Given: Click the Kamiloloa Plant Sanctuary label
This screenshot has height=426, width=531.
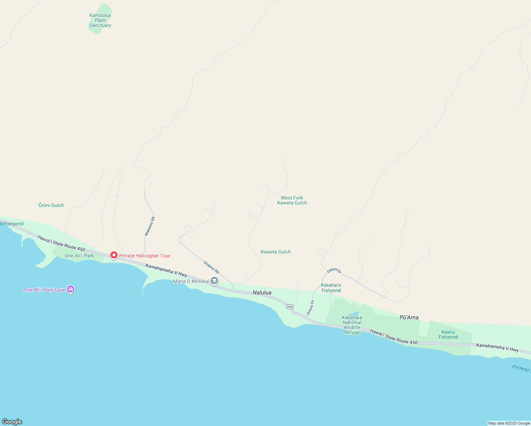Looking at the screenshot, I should (x=100, y=21).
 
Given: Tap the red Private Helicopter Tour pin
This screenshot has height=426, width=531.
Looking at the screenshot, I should (x=114, y=255).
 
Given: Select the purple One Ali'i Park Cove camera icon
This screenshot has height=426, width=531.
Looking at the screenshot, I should (x=71, y=289).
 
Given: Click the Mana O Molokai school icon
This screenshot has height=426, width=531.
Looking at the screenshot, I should (x=214, y=281).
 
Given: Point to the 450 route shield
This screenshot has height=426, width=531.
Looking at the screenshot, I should (x=290, y=307).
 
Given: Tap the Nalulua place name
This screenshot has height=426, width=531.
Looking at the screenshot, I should (x=262, y=293).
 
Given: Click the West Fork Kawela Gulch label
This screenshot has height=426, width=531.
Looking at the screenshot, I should (x=292, y=201).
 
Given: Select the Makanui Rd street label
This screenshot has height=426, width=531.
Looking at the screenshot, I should (x=149, y=226).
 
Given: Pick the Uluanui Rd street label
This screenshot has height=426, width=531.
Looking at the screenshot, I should (x=212, y=267).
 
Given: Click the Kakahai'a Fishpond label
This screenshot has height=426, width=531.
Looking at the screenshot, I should (x=331, y=288).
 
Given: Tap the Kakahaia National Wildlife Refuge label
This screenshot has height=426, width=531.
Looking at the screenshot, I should (x=352, y=325).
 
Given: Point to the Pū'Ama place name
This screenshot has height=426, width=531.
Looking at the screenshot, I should (x=409, y=317).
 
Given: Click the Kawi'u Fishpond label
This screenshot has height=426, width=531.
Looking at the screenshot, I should (x=448, y=335).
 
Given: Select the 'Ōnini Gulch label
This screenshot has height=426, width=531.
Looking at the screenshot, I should (x=51, y=205).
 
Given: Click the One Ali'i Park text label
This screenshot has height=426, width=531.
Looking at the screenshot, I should (x=79, y=256).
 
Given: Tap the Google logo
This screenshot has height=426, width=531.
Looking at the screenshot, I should (x=12, y=422).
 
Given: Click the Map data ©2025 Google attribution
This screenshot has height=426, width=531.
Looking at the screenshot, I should (x=509, y=423).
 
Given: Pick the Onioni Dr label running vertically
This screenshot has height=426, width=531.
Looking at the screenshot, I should (x=310, y=307).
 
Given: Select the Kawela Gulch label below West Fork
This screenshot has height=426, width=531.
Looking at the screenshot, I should (x=276, y=252).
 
